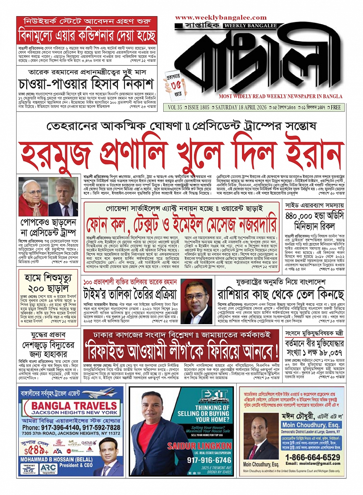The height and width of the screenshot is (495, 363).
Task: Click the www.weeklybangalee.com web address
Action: pyautogui.click(x=220, y=17)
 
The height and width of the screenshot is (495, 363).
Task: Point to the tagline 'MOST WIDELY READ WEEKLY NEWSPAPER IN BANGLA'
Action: pyautogui.click(x=280, y=96)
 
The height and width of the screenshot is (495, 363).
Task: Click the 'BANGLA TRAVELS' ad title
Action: pyautogui.click(x=71, y=405)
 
